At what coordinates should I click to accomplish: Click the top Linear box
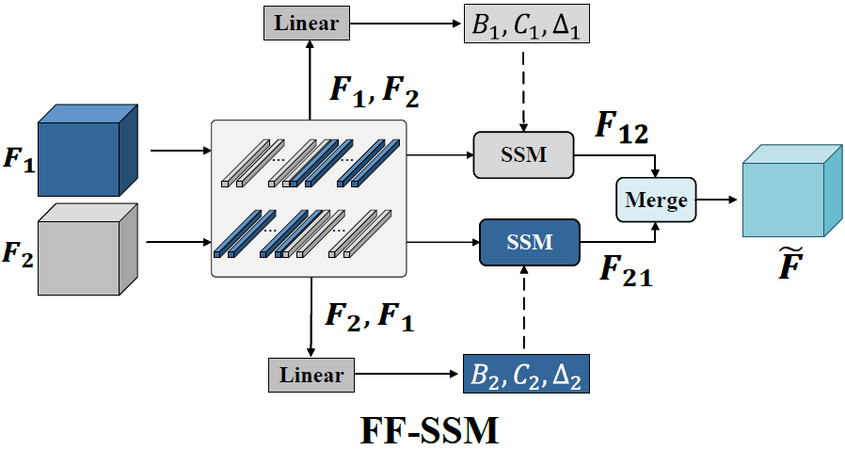point(308,23)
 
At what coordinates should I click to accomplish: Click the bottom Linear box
point(308,376)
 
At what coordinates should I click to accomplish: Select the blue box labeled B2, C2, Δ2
point(527,376)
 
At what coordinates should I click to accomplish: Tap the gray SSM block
point(524,154)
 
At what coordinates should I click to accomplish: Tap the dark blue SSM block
point(528,243)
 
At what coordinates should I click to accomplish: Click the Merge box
point(656,200)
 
